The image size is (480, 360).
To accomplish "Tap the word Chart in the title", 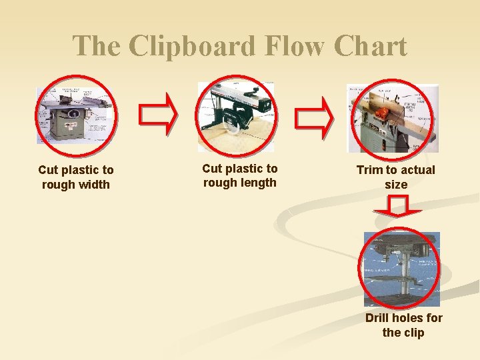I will (370, 47).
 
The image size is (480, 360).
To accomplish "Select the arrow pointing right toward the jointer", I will (315, 115).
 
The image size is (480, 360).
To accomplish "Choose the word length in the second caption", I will (259, 183).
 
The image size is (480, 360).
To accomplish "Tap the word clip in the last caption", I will (413, 333).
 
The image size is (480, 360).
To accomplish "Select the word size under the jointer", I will (396, 185).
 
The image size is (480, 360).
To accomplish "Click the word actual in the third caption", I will (416, 170).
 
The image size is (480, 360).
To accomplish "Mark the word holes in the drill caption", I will (410, 318).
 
